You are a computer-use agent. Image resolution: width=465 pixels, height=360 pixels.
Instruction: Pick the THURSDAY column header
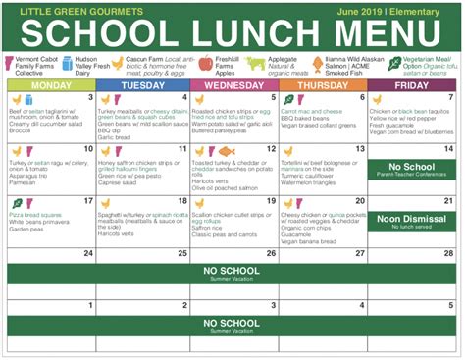click(324, 85)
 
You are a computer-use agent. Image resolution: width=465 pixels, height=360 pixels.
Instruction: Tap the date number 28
click(447, 253)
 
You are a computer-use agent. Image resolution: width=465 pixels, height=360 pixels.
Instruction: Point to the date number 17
click(89, 202)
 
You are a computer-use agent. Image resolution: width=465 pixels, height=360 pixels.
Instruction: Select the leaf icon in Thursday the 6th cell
click(288, 99)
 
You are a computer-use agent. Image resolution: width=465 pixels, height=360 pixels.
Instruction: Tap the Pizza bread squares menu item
click(36, 213)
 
